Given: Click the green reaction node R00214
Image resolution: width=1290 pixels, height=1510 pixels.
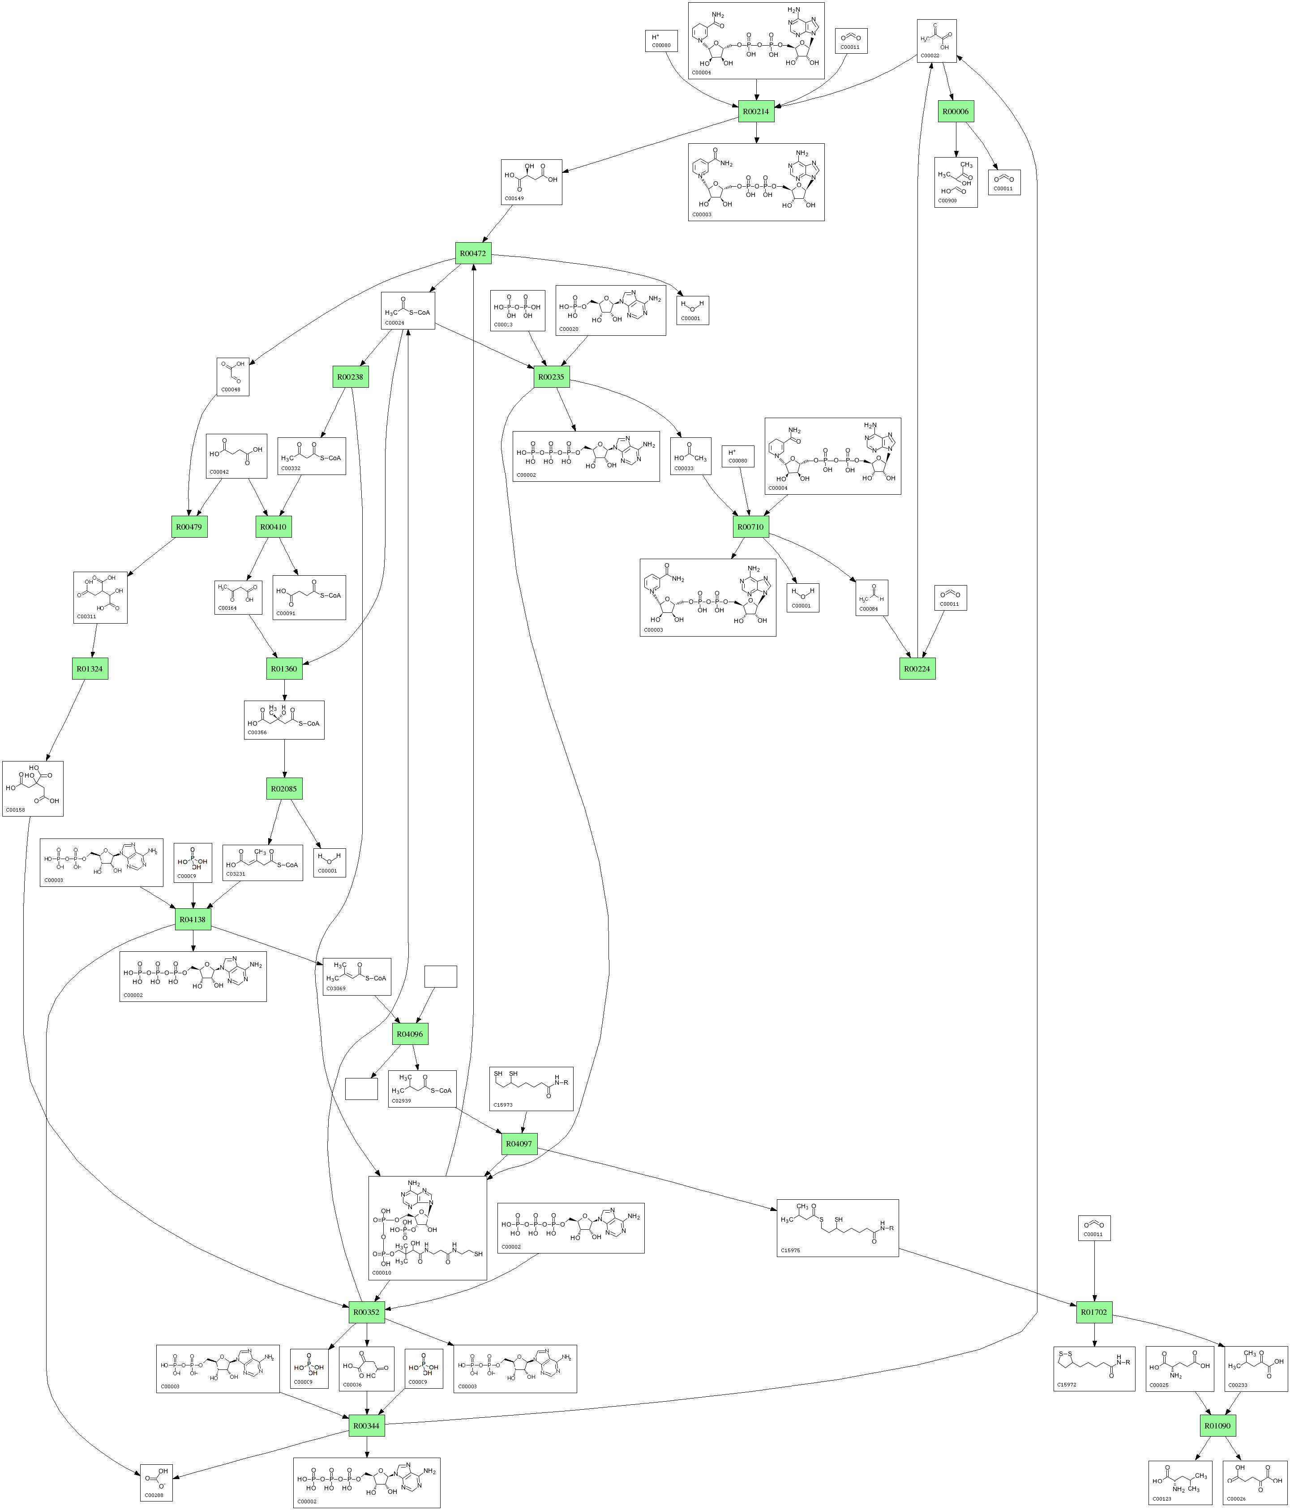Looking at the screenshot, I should point(756,111).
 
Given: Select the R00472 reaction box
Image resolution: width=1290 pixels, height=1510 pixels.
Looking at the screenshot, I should point(473,254).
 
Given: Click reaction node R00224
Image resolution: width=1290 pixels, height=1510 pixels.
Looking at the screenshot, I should point(917,668).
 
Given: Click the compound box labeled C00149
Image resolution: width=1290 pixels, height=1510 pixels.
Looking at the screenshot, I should point(531,181).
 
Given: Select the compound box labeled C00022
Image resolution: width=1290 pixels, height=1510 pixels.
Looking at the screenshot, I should point(937,41).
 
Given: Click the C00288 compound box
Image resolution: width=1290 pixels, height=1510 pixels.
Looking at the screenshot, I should point(156,1482).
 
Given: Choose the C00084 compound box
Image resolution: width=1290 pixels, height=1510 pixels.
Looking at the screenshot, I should point(872,598).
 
